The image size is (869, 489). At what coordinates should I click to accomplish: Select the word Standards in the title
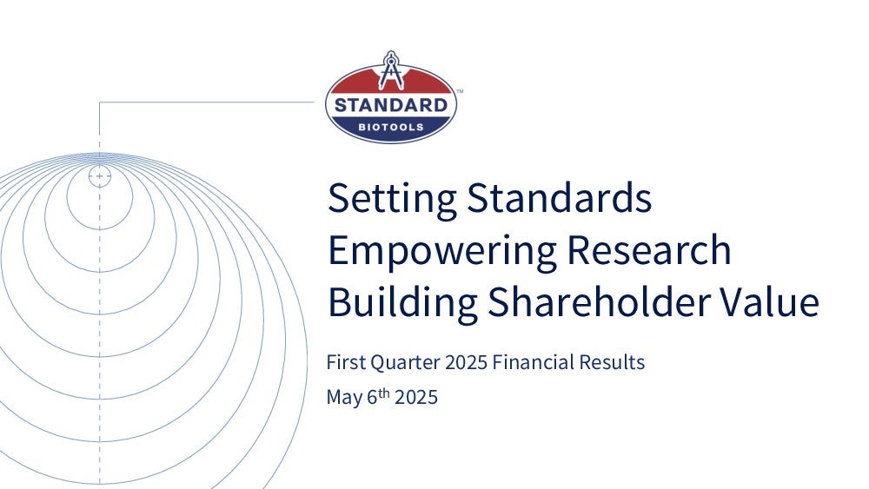[x=559, y=197]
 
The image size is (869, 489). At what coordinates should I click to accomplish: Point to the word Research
[x=649, y=250]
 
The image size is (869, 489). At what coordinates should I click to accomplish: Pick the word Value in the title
[x=769, y=301]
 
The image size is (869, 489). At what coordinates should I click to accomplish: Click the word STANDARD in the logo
[x=391, y=105]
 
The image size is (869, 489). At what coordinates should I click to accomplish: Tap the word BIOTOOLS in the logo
[x=391, y=128]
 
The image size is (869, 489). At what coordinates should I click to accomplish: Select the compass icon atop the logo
[x=391, y=70]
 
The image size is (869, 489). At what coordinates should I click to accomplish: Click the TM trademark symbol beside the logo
[x=460, y=92]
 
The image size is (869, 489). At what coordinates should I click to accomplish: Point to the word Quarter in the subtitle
[x=405, y=363]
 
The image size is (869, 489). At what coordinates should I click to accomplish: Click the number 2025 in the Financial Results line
[x=466, y=363]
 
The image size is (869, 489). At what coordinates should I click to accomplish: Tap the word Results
[x=612, y=362]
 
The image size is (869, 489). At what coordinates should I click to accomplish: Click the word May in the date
[x=344, y=398]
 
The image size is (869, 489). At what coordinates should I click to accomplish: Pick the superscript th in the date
[x=384, y=393]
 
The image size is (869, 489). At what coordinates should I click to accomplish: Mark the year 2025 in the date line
[x=416, y=398]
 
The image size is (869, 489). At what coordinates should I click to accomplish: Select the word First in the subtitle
[x=346, y=362]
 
